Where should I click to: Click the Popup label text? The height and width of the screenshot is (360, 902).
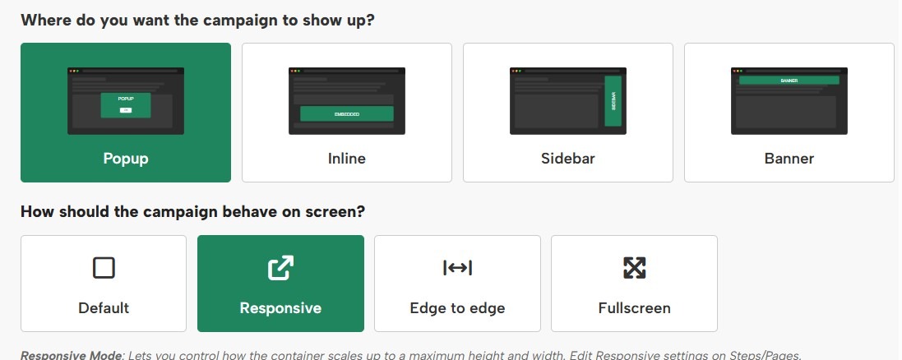(125, 158)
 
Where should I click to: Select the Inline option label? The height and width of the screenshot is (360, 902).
(346, 158)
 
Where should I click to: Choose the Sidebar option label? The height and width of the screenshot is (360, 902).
(567, 158)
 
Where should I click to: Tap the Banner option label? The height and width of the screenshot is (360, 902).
(789, 158)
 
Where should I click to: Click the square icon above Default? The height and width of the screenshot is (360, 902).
(104, 268)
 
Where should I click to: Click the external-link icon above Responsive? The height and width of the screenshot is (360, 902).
(280, 268)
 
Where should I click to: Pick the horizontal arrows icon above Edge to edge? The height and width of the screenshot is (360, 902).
(457, 268)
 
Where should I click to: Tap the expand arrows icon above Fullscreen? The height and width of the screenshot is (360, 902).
(634, 268)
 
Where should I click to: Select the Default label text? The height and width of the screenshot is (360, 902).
(104, 308)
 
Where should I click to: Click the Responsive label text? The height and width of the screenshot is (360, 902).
(280, 308)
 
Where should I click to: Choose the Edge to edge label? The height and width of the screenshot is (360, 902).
(457, 308)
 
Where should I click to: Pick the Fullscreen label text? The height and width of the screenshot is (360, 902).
(634, 308)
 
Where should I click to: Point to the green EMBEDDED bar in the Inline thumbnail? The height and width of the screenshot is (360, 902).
(346, 113)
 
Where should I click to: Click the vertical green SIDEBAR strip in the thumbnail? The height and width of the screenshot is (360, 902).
(613, 101)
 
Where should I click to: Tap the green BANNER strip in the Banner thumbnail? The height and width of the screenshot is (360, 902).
(789, 81)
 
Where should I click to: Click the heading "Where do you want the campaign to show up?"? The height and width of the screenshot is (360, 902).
(197, 20)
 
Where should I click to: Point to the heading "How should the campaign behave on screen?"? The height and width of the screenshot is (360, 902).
(192, 211)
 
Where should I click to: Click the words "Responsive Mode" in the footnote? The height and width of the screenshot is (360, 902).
(70, 355)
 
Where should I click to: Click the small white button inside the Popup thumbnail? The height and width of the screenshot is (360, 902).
(126, 109)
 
